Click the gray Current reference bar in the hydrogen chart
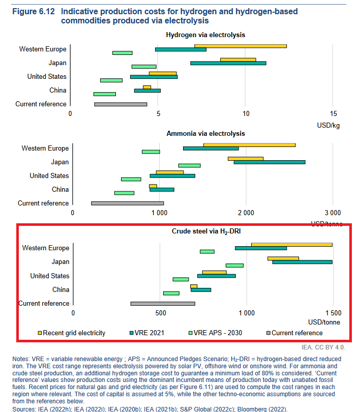coord(121,104)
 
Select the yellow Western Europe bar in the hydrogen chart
coord(241,46)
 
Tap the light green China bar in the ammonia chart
coord(124,193)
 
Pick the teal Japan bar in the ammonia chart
coord(269,162)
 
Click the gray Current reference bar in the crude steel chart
coord(163,304)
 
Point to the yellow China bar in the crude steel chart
coord(194,286)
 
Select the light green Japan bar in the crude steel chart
coord(234,266)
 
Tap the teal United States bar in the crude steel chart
coord(217,276)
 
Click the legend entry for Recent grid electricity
coord(71,333)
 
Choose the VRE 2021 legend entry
coord(147,333)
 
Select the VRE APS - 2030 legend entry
coord(215,333)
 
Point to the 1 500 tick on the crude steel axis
coord(334,313)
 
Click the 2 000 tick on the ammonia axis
coord(246,213)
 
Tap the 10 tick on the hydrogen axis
coord(246,114)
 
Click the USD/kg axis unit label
coord(328,125)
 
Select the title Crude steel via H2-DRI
coord(206,231)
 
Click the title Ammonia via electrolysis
coord(205,133)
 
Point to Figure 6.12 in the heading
coord(34,12)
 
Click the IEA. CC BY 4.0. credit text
coord(323,347)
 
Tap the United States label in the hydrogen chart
coord(47,76)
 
